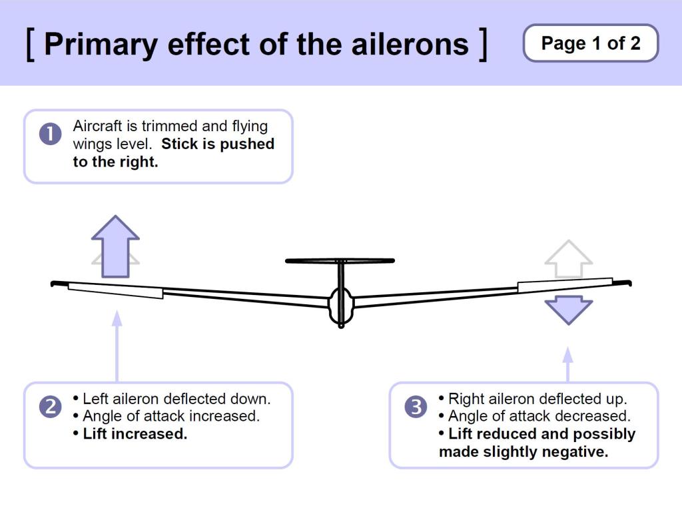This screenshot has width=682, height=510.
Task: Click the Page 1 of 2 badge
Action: (x=591, y=43)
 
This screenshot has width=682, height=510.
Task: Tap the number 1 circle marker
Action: (x=50, y=134)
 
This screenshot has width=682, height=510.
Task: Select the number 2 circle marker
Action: (x=50, y=406)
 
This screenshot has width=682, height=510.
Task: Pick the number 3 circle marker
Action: (x=416, y=406)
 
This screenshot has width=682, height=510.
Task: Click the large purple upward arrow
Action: (x=115, y=244)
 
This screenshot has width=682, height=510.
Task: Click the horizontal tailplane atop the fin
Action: (x=340, y=260)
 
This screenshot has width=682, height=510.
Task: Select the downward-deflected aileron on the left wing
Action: (x=115, y=290)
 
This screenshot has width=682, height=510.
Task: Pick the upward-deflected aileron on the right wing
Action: (x=565, y=284)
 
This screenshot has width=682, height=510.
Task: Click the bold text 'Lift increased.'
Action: (x=135, y=433)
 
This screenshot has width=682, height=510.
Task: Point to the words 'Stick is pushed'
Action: (x=218, y=144)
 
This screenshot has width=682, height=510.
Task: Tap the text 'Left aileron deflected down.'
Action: (x=176, y=399)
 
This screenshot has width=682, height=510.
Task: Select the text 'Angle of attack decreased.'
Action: (x=539, y=416)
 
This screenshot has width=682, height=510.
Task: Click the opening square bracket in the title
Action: (x=31, y=44)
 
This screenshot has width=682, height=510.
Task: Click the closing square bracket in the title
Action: (x=483, y=44)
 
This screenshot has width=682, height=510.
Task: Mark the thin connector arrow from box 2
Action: (x=117, y=346)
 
